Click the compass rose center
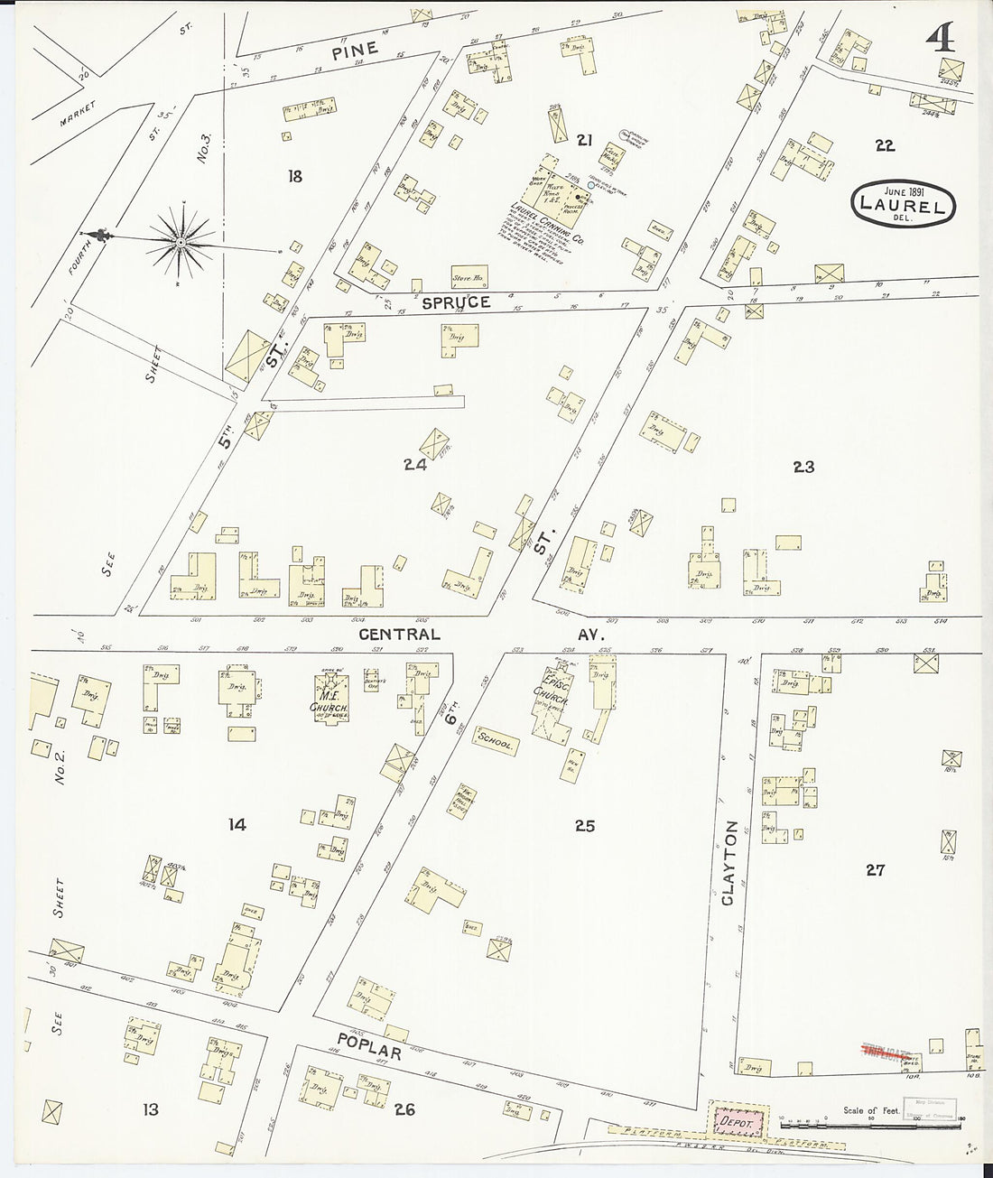(181, 242)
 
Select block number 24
(415, 466)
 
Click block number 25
(585, 825)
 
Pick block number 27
(875, 870)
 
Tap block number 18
(294, 176)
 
